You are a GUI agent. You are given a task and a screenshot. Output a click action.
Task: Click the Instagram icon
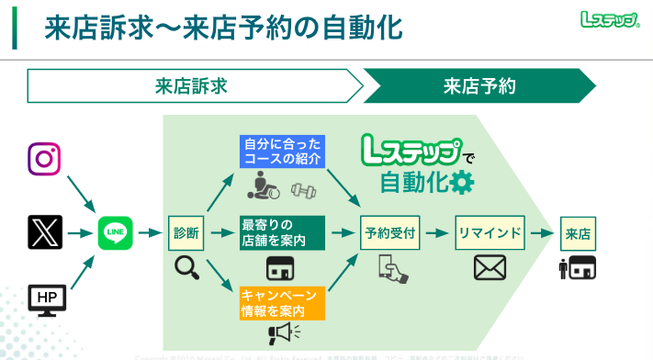(43, 159)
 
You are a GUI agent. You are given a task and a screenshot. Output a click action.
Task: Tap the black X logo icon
(43, 231)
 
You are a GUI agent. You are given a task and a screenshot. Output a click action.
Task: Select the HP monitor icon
(43, 298)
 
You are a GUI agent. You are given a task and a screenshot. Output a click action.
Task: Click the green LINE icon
(116, 232)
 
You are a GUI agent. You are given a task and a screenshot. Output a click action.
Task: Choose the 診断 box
(186, 232)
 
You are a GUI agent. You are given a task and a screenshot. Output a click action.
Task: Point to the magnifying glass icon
(186, 267)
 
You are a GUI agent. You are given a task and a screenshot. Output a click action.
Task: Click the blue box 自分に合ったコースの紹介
(283, 152)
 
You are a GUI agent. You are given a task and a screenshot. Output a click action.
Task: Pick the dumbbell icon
(302, 191)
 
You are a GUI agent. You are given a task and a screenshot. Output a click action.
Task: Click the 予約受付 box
(390, 232)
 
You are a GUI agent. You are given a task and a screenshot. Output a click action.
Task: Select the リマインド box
(490, 232)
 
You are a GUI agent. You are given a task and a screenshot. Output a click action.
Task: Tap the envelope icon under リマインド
(490, 267)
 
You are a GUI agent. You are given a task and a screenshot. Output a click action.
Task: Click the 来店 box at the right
(579, 232)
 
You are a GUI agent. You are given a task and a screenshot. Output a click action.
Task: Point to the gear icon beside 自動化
(461, 183)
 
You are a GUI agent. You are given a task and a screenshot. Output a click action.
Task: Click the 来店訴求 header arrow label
(190, 87)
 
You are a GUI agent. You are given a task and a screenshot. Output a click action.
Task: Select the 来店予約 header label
(479, 87)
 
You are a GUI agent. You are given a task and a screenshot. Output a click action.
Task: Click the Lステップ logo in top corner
(610, 19)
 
